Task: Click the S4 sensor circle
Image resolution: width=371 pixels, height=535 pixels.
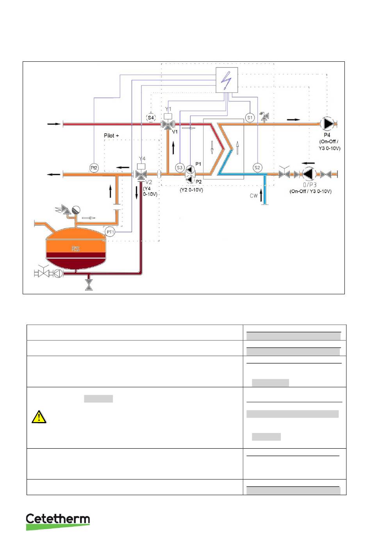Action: (151, 118)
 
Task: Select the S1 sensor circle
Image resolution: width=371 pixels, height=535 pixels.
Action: (250, 117)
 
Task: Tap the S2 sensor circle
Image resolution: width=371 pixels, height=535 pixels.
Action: (257, 168)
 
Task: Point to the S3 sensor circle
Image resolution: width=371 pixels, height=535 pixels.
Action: (179, 168)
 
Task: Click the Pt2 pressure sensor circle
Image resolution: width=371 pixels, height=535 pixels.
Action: (94, 168)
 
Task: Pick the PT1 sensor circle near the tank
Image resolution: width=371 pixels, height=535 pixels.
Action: (110, 232)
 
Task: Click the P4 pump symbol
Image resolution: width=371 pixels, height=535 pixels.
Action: (327, 124)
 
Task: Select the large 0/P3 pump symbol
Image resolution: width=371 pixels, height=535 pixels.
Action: (309, 174)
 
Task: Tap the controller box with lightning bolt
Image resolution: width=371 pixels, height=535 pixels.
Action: (227, 81)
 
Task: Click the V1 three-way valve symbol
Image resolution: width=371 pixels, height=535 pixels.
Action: (168, 125)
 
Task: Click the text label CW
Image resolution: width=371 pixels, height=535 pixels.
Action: (254, 195)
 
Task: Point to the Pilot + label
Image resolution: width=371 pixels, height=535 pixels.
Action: (111, 136)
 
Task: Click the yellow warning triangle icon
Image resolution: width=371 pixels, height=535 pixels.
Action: (39, 417)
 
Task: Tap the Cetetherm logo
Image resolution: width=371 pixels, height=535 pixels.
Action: (58, 521)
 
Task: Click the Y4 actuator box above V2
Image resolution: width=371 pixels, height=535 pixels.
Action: (142, 166)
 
